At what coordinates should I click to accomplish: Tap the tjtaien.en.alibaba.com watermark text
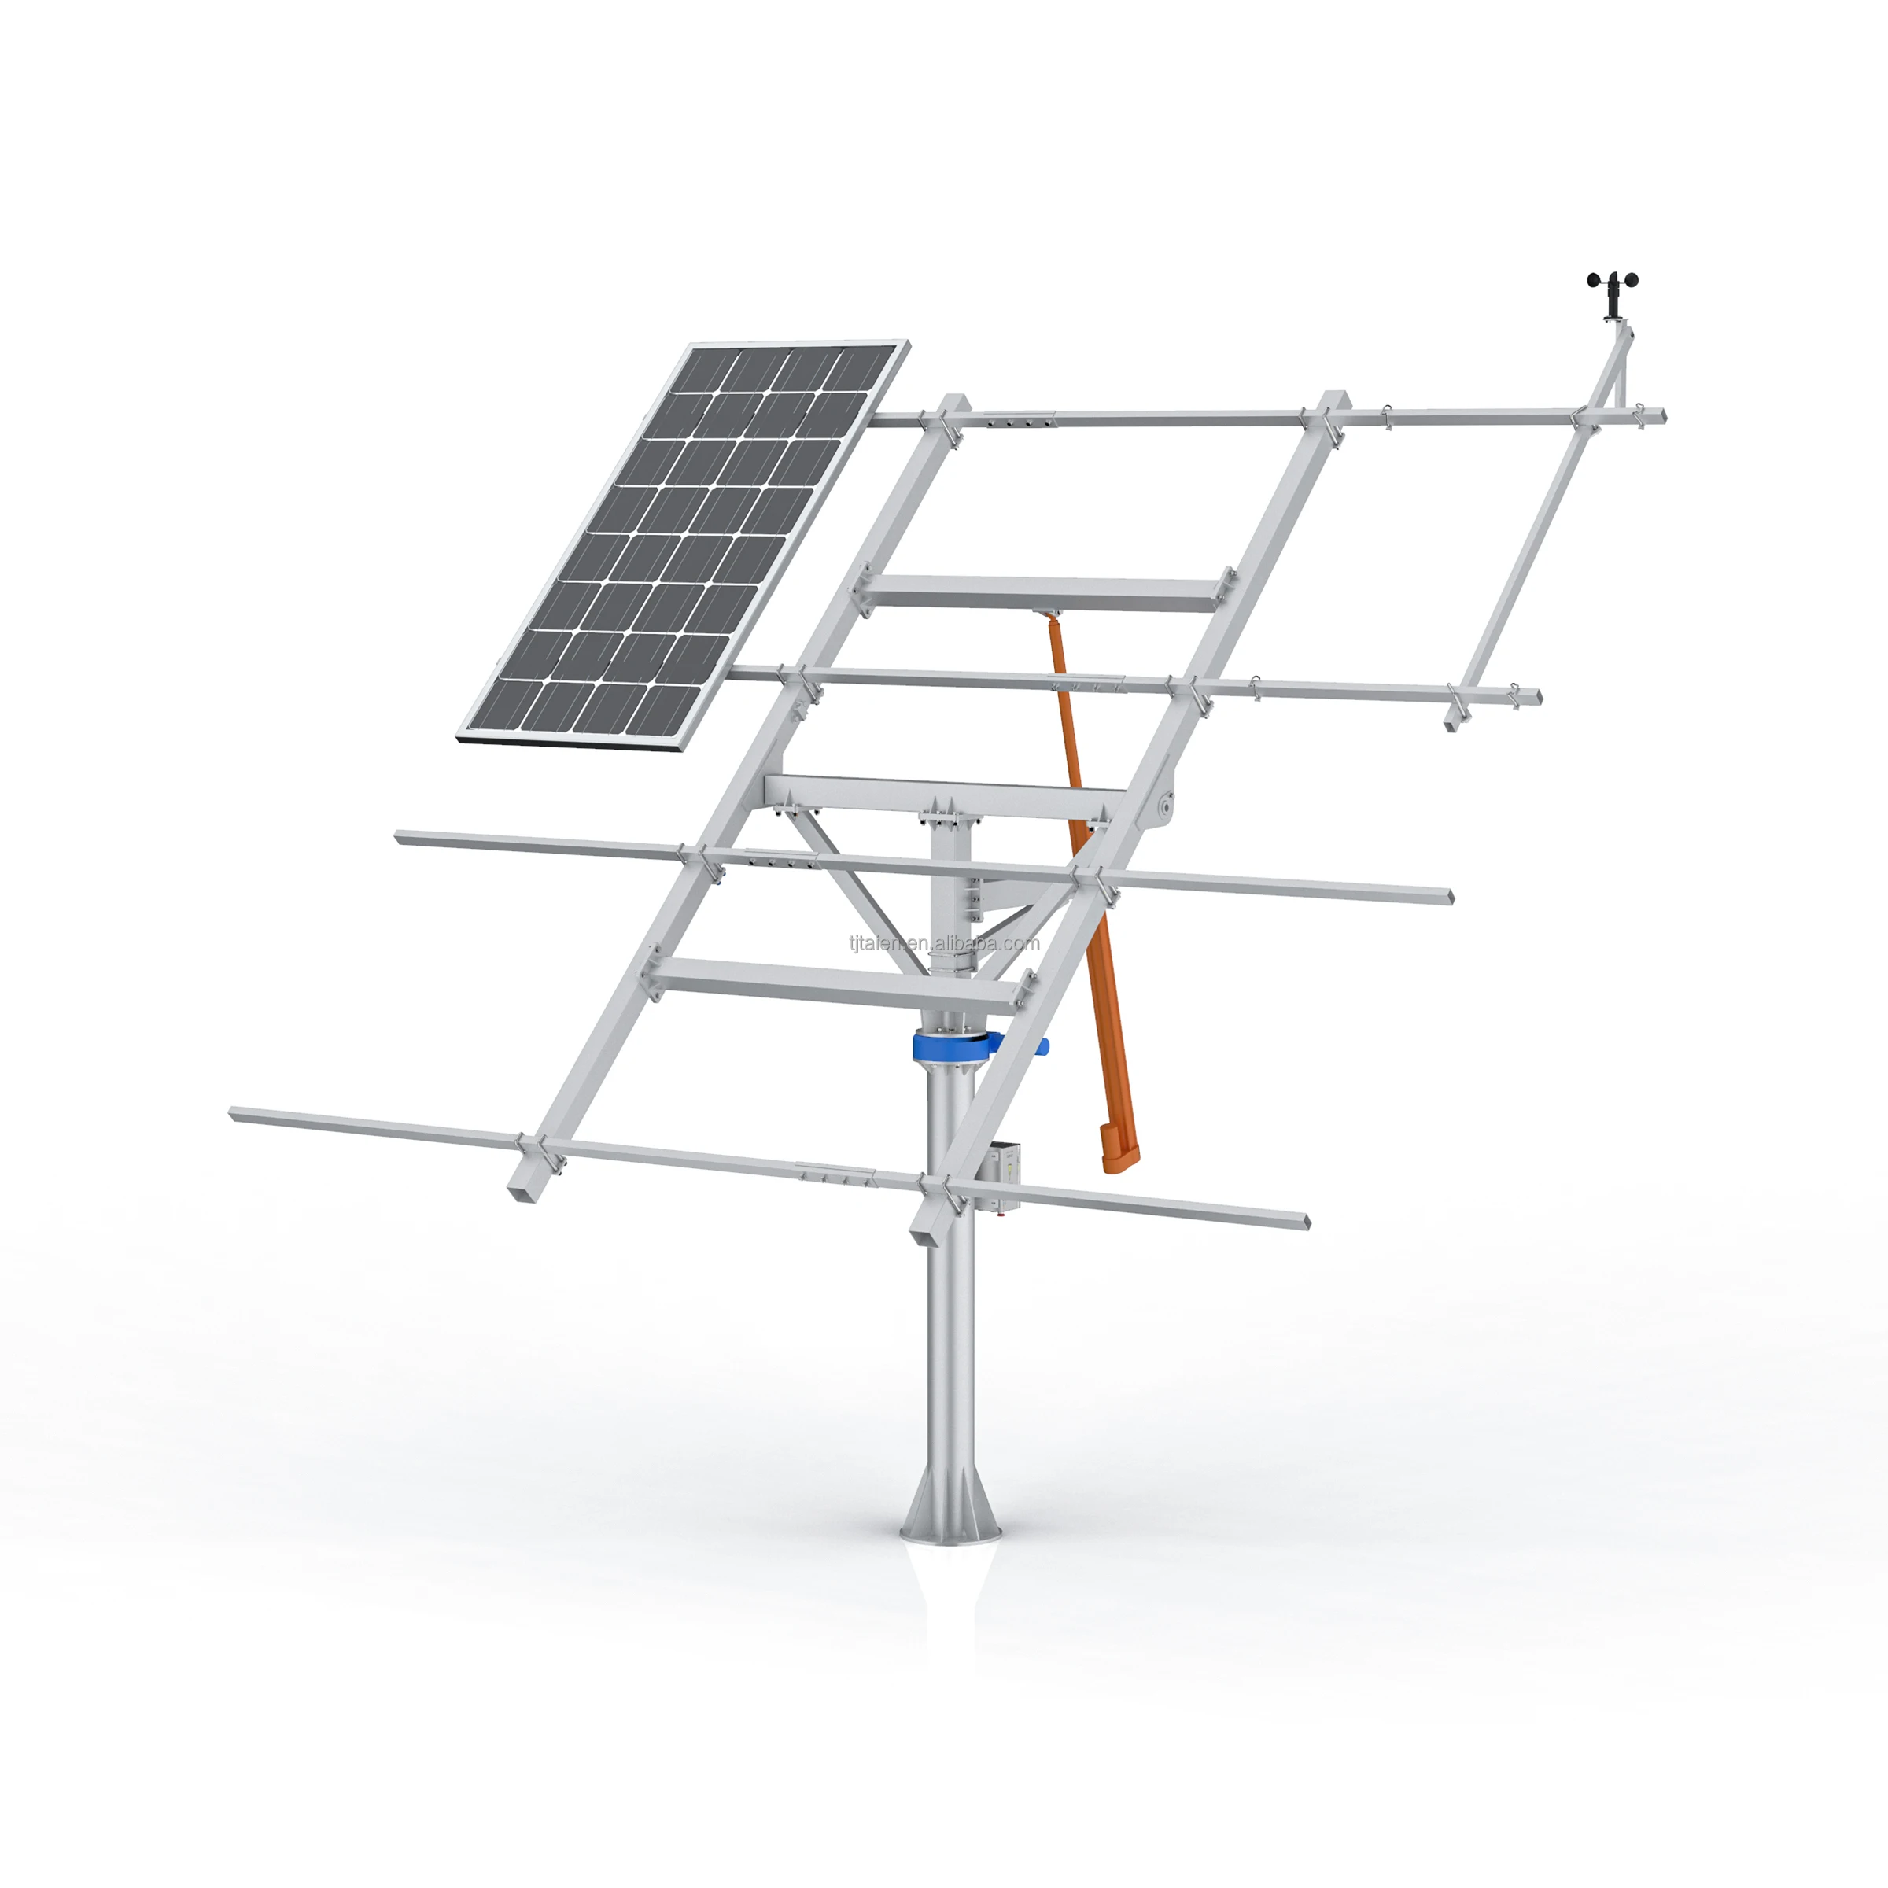[944, 943]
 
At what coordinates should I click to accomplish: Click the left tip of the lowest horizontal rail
[235, 1113]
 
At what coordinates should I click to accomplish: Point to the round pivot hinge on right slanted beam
[1164, 807]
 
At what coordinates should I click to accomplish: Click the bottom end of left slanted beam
[524, 1189]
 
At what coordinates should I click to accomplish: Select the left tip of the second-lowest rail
[400, 836]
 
